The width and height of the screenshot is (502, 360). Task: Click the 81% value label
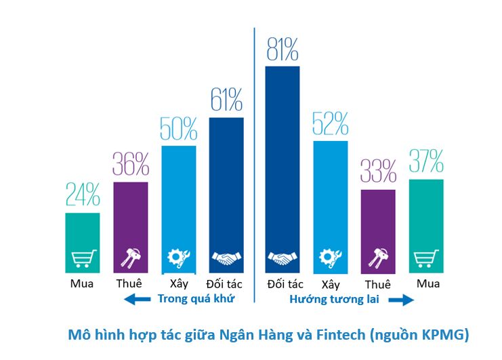[x=283, y=49]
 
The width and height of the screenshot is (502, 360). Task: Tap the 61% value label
[x=226, y=102]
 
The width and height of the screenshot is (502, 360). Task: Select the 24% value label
[x=83, y=195]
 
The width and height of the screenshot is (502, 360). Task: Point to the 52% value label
[x=331, y=124]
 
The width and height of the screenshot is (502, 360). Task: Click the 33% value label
[x=378, y=172]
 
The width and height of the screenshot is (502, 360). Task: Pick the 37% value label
[x=426, y=163]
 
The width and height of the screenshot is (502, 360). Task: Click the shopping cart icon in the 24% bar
[x=83, y=258]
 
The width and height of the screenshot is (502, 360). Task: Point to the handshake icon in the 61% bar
[x=226, y=258]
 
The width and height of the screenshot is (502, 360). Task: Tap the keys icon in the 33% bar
[x=378, y=258]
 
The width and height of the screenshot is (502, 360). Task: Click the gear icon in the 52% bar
[x=331, y=258]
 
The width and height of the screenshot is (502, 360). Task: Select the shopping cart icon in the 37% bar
[x=426, y=258]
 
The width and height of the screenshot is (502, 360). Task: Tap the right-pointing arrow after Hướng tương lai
[x=401, y=298]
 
